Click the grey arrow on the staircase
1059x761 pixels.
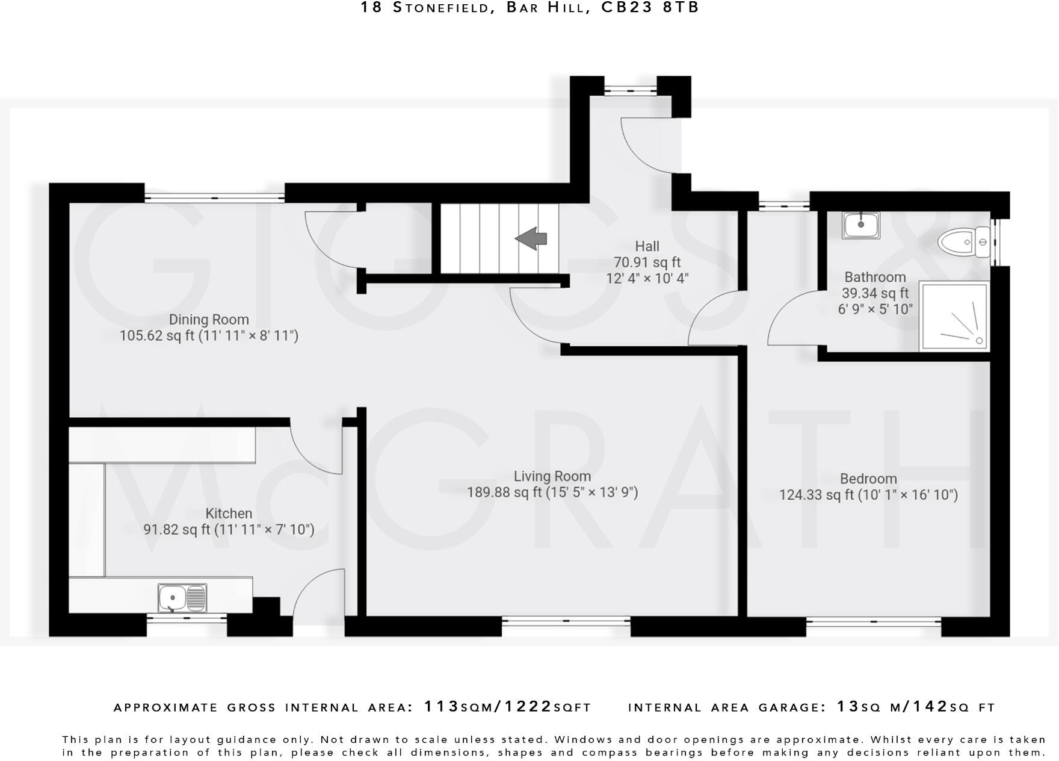(x=531, y=238)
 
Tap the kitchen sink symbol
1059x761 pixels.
(x=182, y=598)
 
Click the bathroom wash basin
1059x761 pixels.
(x=860, y=225)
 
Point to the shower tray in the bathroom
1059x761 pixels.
(x=954, y=316)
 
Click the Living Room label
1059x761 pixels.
(x=552, y=476)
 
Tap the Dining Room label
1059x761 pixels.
(x=208, y=320)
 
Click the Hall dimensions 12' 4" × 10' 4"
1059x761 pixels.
(x=647, y=278)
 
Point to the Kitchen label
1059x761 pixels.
(x=229, y=514)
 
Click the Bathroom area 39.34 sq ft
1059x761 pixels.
(x=875, y=293)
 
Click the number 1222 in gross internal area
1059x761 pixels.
(x=528, y=707)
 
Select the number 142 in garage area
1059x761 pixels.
(x=930, y=707)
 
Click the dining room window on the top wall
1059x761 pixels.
(x=214, y=197)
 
